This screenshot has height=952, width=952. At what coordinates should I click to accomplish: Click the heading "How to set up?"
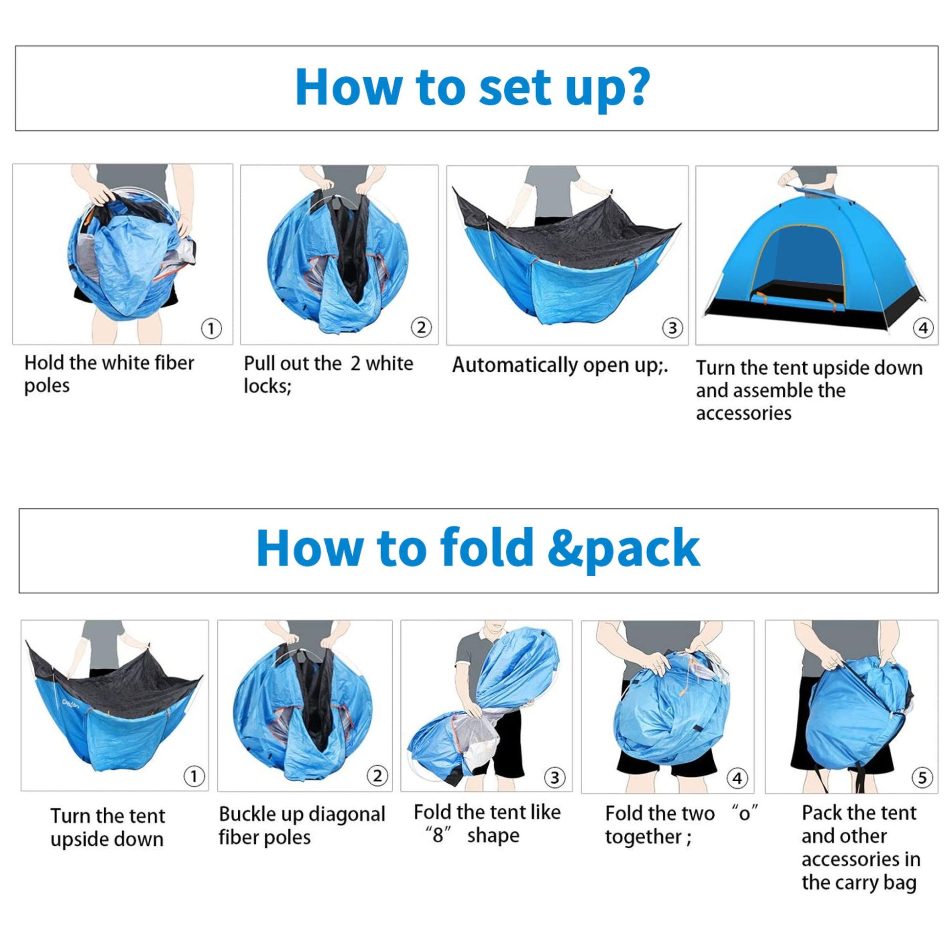(472, 88)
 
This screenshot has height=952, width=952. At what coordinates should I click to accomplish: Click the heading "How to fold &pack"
(478, 548)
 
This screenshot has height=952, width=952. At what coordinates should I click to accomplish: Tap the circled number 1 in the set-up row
(211, 328)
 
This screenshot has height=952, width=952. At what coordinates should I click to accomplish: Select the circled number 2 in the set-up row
(421, 328)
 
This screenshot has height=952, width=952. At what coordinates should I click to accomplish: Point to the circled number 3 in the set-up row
(673, 328)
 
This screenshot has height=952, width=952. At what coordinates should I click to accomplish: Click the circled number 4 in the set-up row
(923, 328)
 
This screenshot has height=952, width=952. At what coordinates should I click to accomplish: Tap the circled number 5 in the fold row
(922, 778)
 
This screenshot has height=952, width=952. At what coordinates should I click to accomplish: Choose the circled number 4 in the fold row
(737, 778)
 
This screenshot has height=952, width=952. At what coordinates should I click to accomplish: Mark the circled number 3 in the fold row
(555, 778)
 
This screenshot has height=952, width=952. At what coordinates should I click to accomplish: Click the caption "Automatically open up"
(560, 365)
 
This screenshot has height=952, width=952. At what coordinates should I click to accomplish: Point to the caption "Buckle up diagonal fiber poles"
(301, 826)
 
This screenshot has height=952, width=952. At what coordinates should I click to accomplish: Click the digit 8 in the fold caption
(437, 836)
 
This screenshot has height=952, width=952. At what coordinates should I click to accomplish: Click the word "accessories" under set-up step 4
(744, 413)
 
